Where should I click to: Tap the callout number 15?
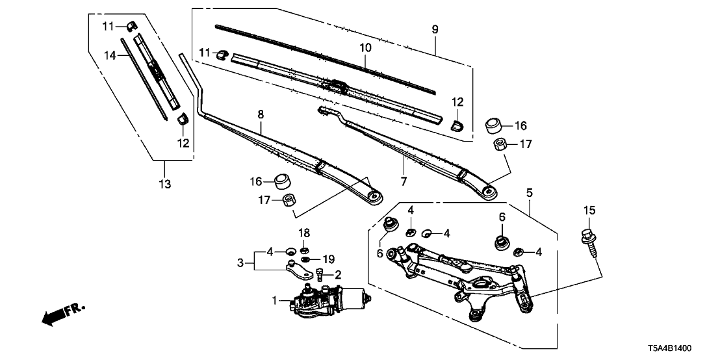click(x=589, y=211)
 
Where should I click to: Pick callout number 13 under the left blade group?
click(x=165, y=185)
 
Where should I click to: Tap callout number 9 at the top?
click(x=435, y=29)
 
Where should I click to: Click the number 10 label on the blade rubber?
click(x=365, y=47)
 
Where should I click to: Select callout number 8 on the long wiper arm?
click(x=261, y=114)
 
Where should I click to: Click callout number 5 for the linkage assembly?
click(x=529, y=192)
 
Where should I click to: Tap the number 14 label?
click(x=111, y=56)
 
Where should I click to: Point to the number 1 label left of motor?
click(x=274, y=300)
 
